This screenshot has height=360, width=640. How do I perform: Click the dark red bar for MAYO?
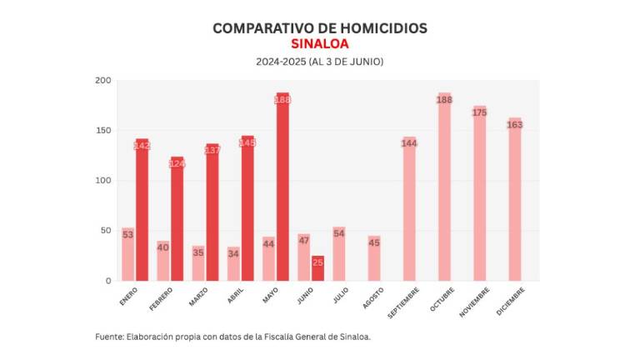click(282, 187)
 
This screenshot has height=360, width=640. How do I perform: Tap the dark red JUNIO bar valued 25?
click(317, 269)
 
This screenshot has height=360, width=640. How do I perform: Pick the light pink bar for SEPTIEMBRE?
click(409, 209)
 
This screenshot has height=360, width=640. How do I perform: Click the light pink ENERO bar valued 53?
click(127, 255)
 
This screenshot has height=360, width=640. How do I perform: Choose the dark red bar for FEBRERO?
click(177, 219)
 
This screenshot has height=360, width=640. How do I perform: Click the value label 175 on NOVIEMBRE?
click(479, 112)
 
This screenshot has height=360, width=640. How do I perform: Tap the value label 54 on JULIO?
click(339, 234)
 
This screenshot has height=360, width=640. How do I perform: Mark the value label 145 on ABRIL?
click(247, 142)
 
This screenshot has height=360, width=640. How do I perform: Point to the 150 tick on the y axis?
click(102, 131)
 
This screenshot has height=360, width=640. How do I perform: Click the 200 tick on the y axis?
click(102, 81)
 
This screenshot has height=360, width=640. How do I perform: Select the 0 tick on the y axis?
click(107, 282)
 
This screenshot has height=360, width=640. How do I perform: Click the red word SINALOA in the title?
click(320, 44)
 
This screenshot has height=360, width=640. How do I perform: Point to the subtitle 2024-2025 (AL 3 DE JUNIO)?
click(320, 62)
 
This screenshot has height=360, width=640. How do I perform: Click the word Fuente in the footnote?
click(108, 337)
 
